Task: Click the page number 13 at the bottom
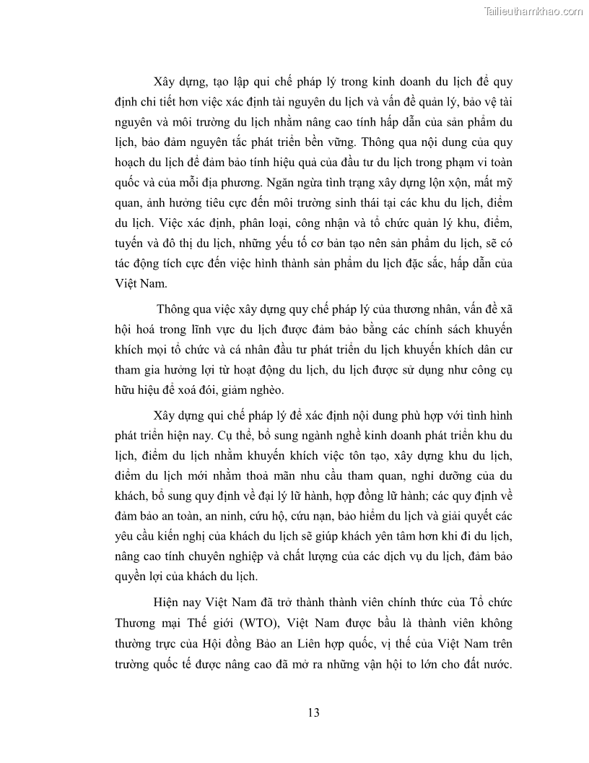coord(313,712)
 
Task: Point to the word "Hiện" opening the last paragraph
coord(167,602)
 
